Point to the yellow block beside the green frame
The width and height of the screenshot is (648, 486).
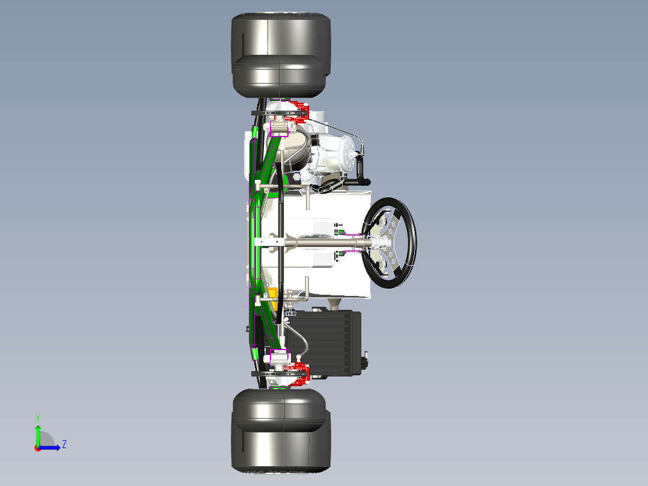273,298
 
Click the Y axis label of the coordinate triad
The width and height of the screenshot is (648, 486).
38,419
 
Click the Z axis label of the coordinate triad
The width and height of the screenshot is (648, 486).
64,444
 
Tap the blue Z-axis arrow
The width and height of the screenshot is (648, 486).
49,448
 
